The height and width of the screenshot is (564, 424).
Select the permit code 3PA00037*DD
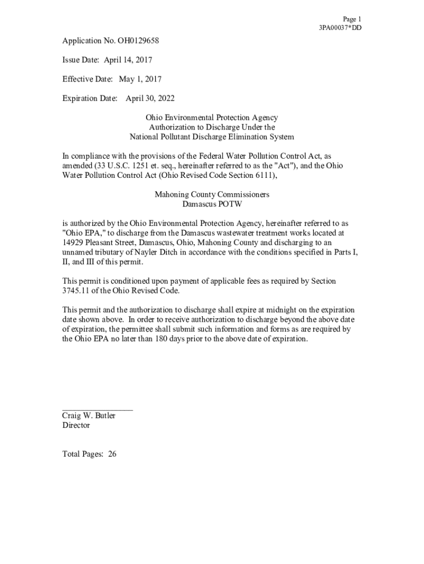tap(340, 28)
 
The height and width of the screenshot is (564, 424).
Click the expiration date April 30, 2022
tap(150, 99)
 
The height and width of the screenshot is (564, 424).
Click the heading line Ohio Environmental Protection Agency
tap(211, 118)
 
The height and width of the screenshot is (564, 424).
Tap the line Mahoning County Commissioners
tap(211, 195)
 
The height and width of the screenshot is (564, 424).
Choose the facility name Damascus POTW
tap(211, 204)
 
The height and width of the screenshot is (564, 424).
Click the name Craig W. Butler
tap(89, 416)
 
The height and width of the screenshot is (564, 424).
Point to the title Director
tap(76, 425)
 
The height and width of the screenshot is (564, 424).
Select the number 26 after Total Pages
tap(112, 454)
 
